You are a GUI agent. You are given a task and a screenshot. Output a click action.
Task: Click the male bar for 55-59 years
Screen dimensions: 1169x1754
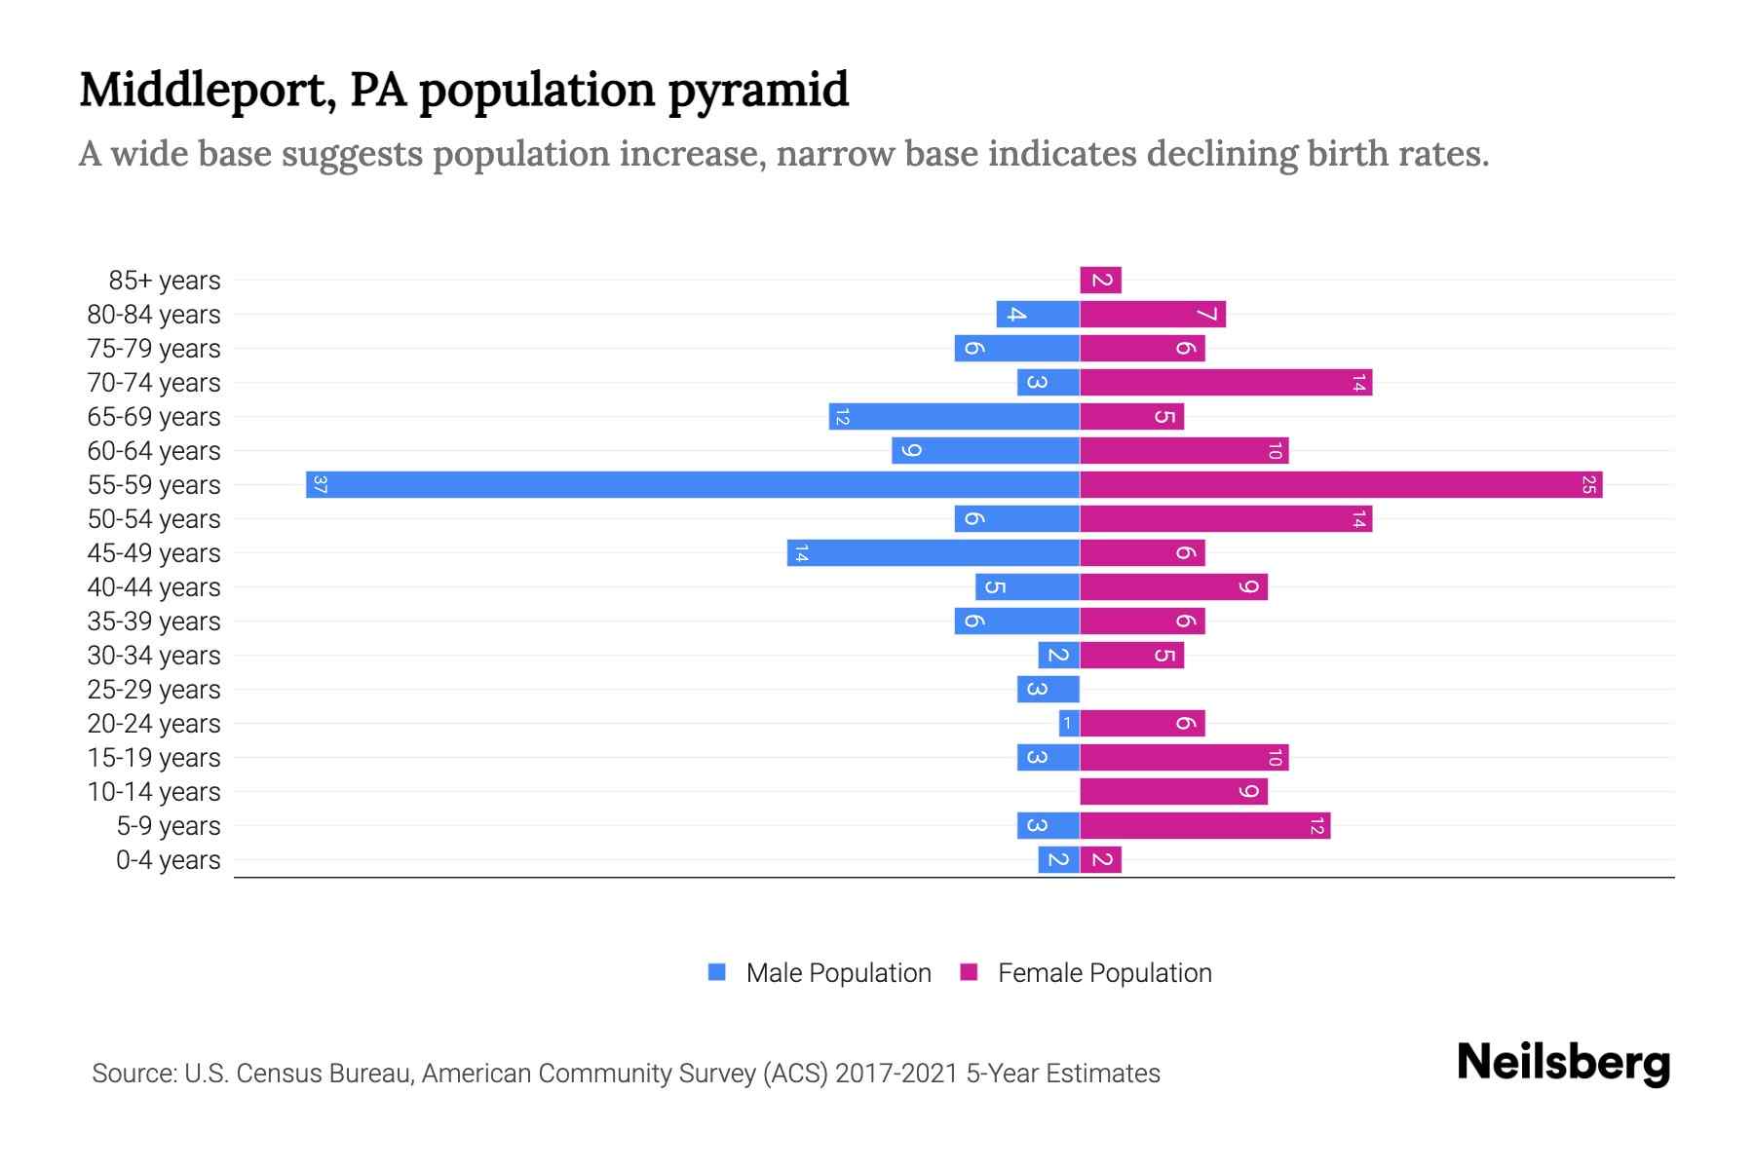692,484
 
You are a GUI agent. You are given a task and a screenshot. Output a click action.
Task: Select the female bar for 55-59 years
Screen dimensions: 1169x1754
1340,484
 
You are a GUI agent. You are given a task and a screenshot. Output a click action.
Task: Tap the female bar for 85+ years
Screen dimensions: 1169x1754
1100,281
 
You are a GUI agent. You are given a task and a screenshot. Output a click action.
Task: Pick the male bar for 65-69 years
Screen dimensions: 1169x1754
954,417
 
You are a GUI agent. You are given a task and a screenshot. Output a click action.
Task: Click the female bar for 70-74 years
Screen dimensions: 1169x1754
1225,383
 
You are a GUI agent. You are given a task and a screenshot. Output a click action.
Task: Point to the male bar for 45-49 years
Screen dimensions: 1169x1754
933,553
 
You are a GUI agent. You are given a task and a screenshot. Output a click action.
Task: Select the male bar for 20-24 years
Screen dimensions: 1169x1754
1069,724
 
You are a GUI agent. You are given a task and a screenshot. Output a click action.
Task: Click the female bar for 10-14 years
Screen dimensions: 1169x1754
1173,792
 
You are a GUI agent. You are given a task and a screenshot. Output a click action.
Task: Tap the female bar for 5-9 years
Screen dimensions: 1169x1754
1204,826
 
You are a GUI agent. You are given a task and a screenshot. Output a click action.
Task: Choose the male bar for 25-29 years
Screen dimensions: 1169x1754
1048,690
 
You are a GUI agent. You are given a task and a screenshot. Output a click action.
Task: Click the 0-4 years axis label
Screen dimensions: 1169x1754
168,860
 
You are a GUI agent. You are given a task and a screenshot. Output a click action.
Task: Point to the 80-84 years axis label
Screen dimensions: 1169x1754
154,315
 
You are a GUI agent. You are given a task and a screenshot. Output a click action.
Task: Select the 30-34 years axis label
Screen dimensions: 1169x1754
154,656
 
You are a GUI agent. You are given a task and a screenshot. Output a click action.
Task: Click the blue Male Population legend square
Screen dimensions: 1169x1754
717,972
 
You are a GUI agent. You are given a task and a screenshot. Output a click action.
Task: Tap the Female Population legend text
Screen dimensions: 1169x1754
1104,973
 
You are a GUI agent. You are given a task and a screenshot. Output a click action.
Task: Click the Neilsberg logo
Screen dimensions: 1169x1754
1563,1063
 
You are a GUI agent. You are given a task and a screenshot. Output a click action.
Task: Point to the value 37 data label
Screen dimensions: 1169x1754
320,484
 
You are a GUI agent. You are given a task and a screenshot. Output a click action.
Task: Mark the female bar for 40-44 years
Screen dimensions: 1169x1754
1173,587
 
